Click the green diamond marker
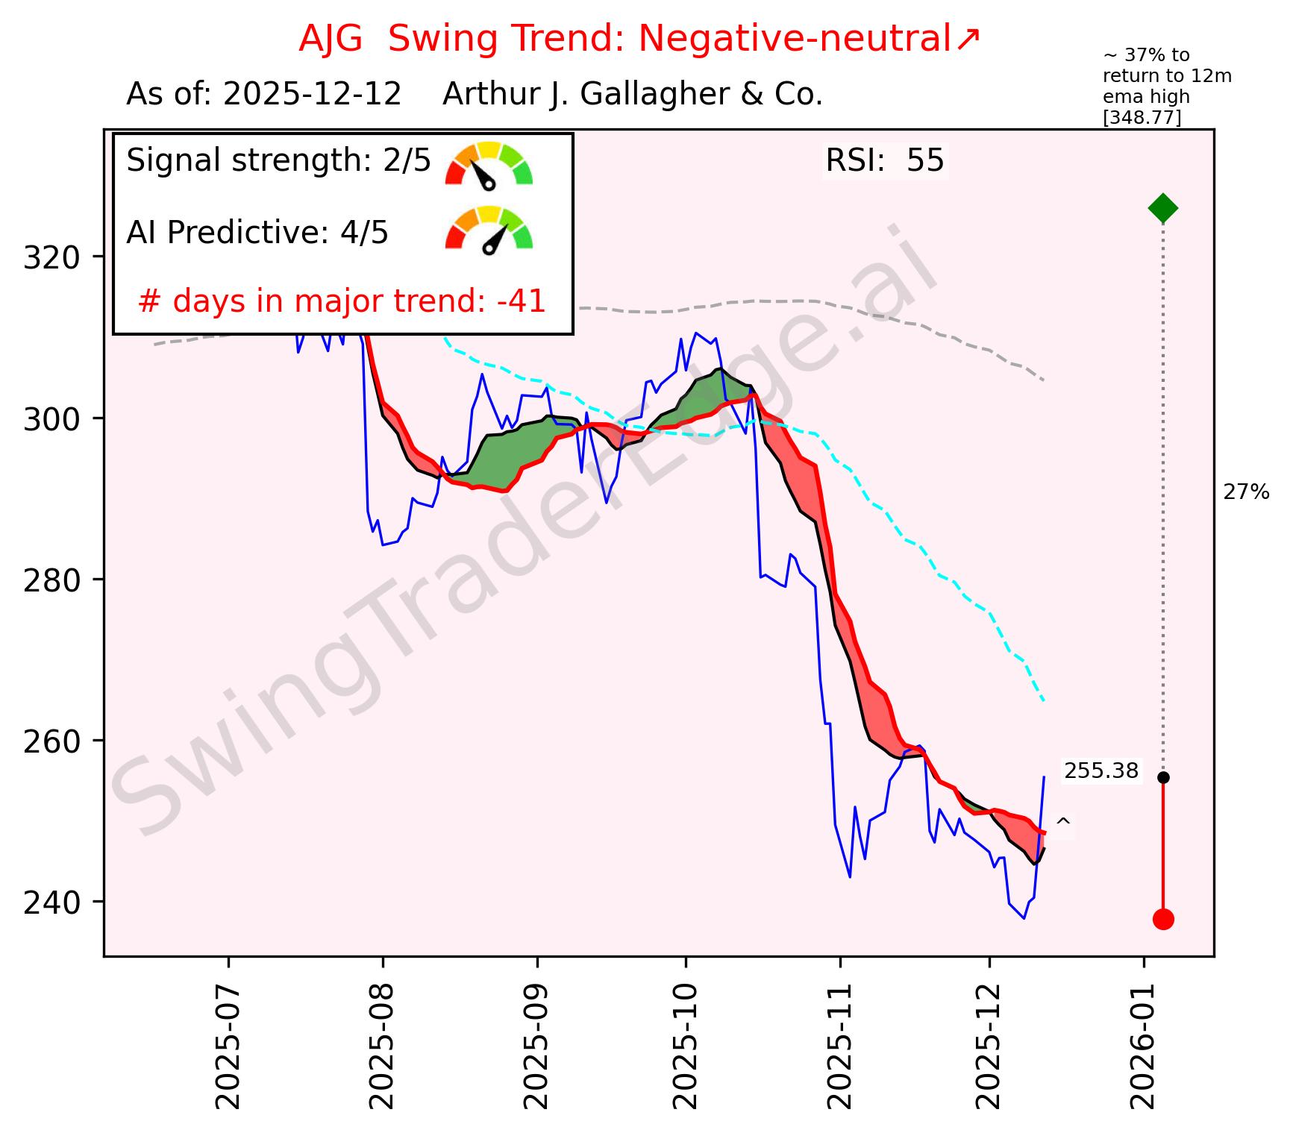point(1163,208)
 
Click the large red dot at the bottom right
point(1163,919)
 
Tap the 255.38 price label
point(1101,771)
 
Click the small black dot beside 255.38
point(1163,777)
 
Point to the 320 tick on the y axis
point(52,257)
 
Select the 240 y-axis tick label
point(52,903)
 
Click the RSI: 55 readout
point(885,161)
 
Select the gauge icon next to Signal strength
point(489,163)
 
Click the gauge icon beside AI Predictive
point(489,229)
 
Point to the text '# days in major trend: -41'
point(342,302)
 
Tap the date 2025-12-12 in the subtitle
point(313,95)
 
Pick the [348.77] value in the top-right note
point(1142,117)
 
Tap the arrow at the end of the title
point(968,39)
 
